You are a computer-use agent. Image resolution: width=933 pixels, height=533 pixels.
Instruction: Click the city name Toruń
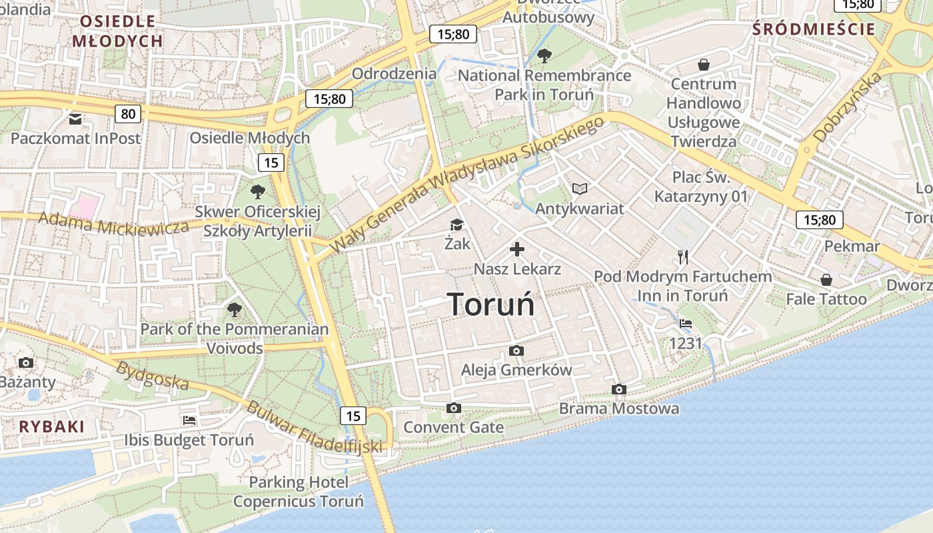(x=491, y=304)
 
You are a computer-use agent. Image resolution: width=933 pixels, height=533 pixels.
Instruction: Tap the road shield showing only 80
(x=128, y=114)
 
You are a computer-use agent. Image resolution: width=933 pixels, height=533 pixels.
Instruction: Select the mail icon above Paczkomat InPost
(x=75, y=119)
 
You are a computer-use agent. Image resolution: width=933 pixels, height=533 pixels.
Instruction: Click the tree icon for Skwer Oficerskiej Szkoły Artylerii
(x=257, y=192)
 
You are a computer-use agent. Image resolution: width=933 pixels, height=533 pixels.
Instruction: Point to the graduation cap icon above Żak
(x=457, y=225)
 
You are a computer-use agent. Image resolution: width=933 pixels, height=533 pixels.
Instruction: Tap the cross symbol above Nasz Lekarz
(x=517, y=250)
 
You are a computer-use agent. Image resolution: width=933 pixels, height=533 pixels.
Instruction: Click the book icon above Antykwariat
(x=580, y=189)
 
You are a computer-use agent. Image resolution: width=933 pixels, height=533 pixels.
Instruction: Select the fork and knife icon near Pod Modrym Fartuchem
(x=682, y=257)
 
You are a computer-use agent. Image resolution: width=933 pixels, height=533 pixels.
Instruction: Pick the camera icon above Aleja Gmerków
(x=516, y=350)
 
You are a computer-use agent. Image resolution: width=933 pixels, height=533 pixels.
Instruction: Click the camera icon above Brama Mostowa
(x=619, y=389)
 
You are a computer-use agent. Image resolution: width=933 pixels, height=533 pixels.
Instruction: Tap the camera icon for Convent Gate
(x=454, y=408)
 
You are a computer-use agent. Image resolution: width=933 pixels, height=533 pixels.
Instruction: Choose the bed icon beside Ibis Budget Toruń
(x=189, y=420)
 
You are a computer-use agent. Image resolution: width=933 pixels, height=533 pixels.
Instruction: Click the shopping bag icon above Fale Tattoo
(x=826, y=280)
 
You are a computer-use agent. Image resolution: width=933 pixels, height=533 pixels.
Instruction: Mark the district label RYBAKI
(x=52, y=427)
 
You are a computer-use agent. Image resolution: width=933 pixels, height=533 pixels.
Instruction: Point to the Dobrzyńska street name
(x=847, y=107)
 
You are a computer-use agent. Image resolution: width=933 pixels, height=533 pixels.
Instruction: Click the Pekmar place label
(x=852, y=247)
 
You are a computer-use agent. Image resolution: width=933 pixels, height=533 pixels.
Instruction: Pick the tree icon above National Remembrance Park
(x=544, y=55)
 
